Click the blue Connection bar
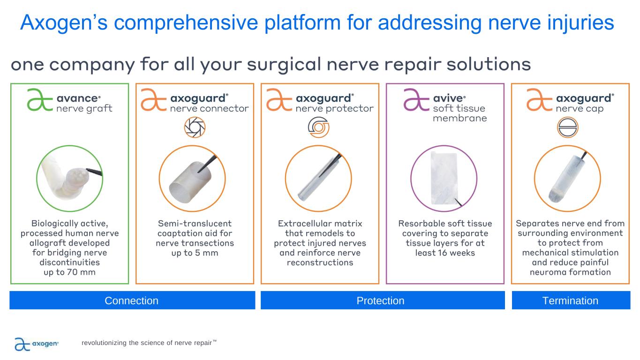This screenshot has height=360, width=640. coord(132,300)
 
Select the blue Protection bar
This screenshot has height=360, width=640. coord(383,300)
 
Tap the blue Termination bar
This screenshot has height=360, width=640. coord(571,300)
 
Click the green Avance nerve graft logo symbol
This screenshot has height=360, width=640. coord(40,100)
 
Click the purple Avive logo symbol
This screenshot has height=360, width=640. coord(416,100)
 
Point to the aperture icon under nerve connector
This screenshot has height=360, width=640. coord(195,127)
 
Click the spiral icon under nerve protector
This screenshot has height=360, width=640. coord(318,127)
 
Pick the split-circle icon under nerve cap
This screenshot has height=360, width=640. coord(568,127)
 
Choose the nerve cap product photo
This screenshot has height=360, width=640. coord(567,179)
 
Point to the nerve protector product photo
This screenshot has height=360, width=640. coord(318,179)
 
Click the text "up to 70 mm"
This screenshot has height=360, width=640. coord(70,272)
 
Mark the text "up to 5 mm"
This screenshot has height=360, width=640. coord(195,253)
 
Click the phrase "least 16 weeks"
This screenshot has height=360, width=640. coord(445,253)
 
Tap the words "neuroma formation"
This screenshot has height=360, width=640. coord(570,272)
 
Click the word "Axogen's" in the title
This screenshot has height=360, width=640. coord(64,23)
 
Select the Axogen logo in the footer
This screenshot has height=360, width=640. coord(37,344)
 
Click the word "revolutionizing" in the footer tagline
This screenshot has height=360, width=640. coord(104,343)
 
